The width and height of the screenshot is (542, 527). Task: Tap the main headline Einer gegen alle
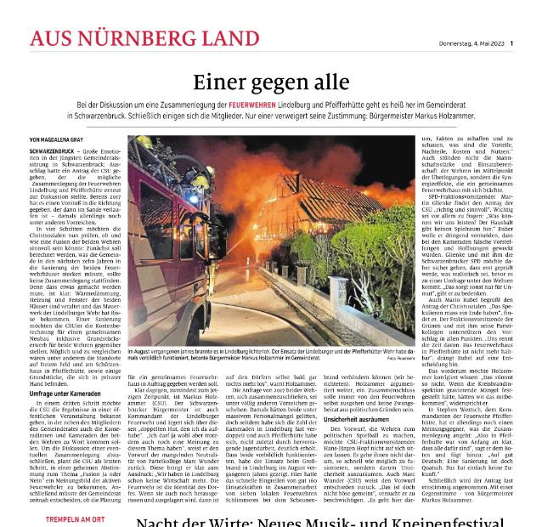[x=271, y=82]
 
